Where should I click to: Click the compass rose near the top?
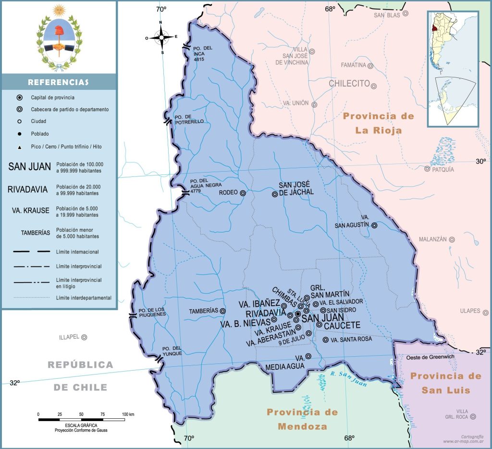click(x=161, y=37)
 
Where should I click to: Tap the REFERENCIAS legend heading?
click(x=58, y=82)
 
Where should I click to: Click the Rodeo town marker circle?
click(x=243, y=193)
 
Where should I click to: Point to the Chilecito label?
click(x=349, y=84)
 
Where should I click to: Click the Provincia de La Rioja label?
click(x=379, y=123)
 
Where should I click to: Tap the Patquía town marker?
click(x=427, y=169)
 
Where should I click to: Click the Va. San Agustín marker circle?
click(x=374, y=225)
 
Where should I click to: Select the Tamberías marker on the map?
click(x=222, y=311)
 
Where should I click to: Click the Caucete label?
click(x=342, y=325)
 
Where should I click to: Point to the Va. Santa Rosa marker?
click(x=325, y=339)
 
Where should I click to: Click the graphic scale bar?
click(x=82, y=419)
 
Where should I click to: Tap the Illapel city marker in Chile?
click(x=84, y=337)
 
